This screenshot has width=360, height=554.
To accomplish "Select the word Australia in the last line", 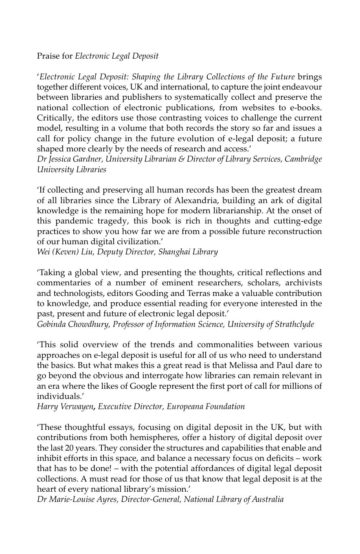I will [268, 499].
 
